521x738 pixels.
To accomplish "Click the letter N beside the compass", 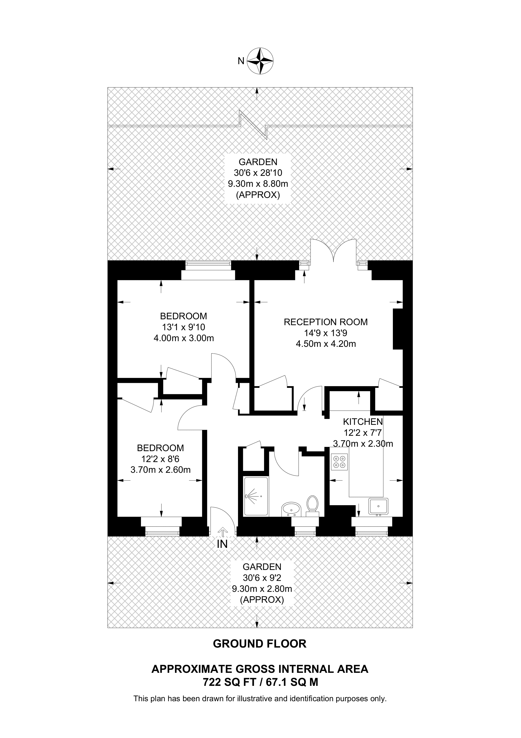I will pos(241,61).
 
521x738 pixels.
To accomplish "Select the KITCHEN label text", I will pos(363,422).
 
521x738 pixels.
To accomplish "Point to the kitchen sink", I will pos(378,506).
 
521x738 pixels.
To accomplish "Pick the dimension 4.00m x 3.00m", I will pos(184,338).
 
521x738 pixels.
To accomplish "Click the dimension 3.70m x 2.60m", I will pos(161,470).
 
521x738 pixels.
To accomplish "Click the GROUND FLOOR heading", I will pos(260,644).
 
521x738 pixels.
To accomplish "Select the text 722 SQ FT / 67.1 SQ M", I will pos(260,682).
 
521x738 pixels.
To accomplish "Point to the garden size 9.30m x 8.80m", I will pos(258,184).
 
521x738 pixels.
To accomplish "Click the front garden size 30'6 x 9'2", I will pos(262,578).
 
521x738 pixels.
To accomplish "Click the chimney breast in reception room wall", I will pos(398,329).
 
